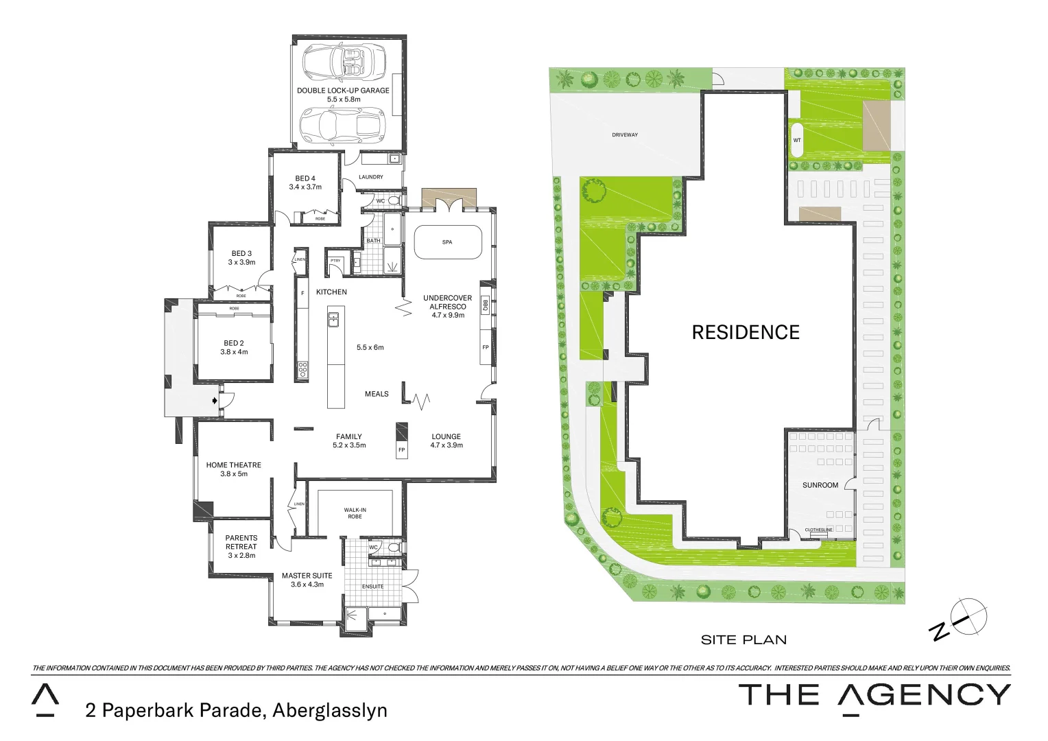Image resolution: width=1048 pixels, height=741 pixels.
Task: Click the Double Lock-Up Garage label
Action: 343,91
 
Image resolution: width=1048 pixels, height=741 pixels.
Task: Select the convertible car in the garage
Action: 344,61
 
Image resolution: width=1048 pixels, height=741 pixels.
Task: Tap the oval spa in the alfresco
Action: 447,242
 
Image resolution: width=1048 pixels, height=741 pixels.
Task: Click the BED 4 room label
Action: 305,178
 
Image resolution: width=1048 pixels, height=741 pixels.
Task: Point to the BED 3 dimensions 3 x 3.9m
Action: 241,262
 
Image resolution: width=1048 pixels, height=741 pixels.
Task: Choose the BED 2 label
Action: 234,343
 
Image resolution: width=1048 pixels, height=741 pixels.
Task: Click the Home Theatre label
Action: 233,465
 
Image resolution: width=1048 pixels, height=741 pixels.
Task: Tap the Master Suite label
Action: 307,576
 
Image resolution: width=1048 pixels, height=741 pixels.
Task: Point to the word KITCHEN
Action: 331,292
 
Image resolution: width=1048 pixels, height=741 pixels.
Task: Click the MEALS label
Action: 377,394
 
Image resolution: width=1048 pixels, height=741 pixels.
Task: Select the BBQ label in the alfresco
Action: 485,305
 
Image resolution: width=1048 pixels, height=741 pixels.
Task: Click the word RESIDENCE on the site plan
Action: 746,333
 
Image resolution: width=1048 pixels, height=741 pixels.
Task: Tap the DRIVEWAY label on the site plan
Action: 625,135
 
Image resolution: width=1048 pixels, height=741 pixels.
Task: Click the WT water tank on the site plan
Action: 797,140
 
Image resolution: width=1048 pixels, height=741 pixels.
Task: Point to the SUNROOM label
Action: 820,485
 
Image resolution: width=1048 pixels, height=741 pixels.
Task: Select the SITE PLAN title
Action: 743,639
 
